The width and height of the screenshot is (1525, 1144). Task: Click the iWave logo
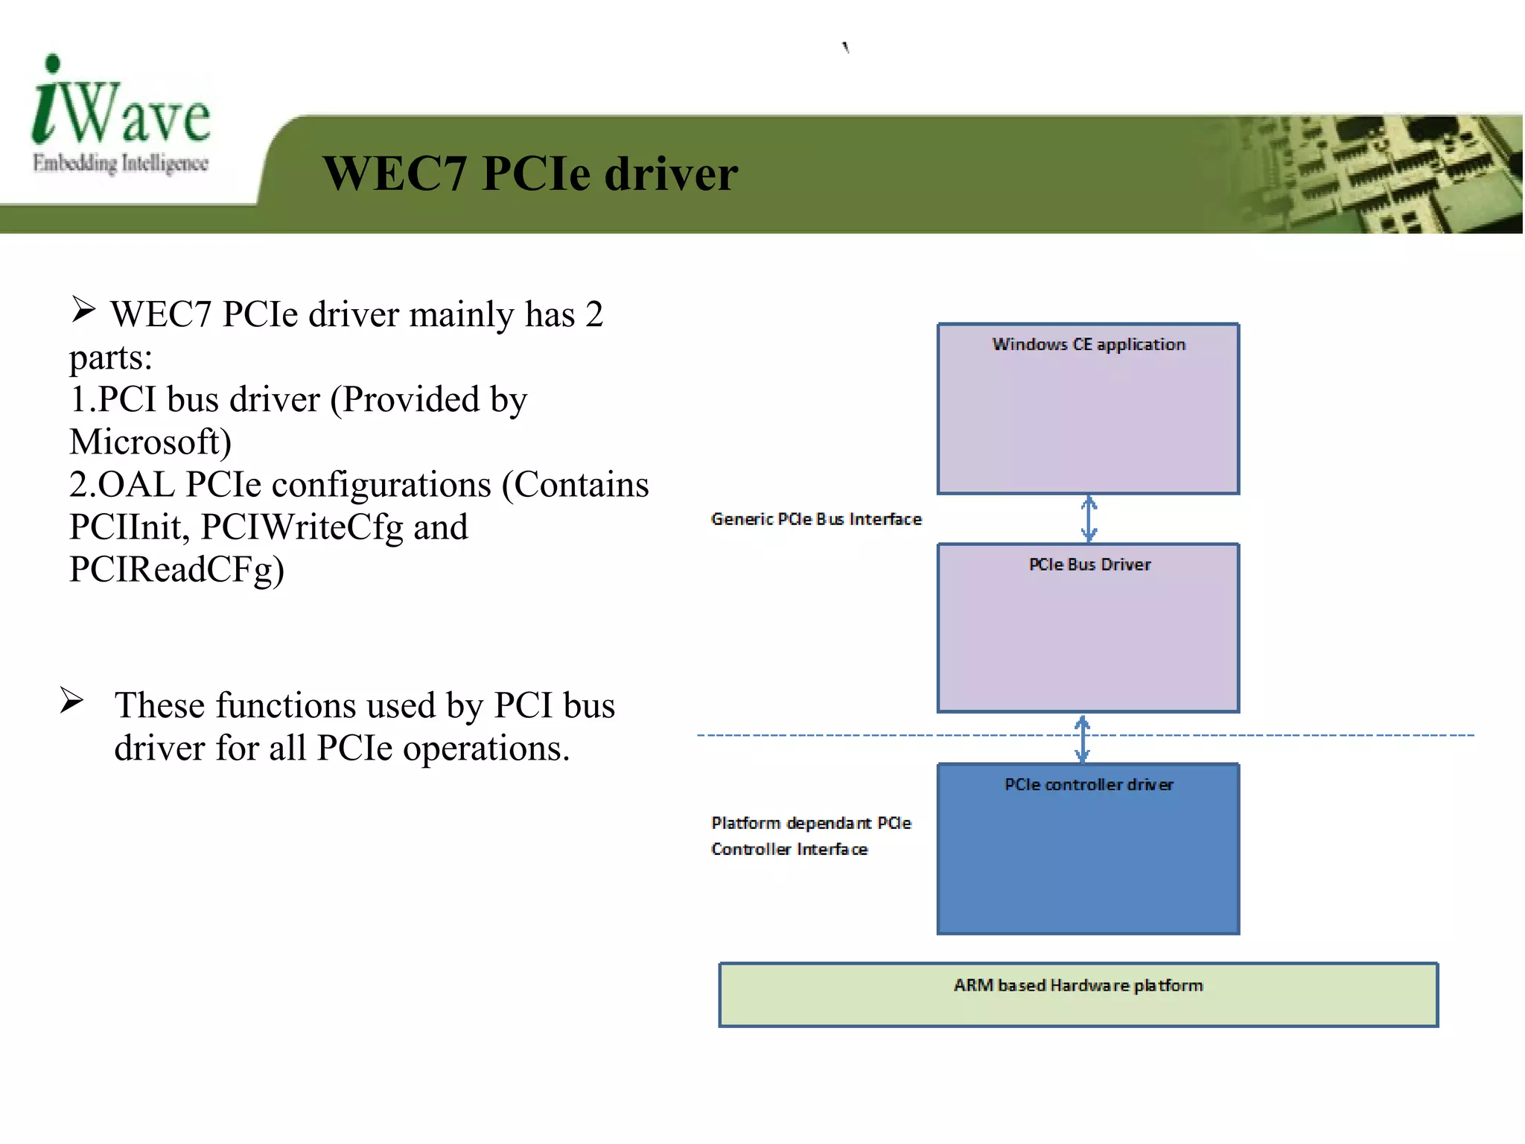[121, 104]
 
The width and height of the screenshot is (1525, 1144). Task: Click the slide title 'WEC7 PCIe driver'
[529, 174]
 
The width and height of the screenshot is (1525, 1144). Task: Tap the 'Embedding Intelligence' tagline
[120, 163]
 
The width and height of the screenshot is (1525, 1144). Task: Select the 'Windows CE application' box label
[1088, 344]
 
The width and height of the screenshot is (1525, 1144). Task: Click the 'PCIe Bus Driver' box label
[1089, 565]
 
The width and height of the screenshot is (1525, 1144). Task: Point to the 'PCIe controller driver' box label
[1088, 784]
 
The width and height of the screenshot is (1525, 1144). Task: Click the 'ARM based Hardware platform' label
[1077, 985]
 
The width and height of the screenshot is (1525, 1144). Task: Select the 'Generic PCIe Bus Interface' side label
[815, 519]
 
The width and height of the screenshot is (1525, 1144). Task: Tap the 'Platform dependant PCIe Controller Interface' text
[810, 836]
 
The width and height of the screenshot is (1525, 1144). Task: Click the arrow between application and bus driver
[1089, 518]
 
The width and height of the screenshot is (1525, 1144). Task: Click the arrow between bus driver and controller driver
[1083, 738]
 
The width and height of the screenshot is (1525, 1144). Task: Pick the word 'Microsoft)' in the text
[150, 442]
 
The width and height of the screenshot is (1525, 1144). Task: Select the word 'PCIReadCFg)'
[176, 570]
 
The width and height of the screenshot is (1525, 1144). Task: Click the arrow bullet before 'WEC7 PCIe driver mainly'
[83, 309]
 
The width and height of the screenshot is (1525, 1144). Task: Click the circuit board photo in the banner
[1378, 174]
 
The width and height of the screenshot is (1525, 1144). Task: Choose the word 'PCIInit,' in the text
[130, 527]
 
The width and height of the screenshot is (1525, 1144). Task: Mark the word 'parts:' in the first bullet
[110, 357]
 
